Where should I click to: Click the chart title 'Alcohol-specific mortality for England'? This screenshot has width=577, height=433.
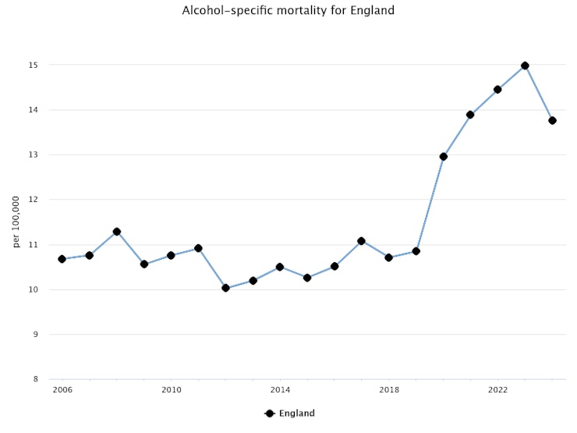288,11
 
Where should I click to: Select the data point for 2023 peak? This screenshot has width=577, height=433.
525,66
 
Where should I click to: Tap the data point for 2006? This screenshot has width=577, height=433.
62,259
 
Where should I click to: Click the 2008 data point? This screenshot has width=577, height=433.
117,232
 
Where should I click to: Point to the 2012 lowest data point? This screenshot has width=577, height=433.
226,288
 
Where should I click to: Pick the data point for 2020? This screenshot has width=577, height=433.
444,157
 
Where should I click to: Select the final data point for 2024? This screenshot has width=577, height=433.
552,120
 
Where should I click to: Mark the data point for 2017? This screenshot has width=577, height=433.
362,241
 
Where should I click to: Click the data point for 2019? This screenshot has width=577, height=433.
416,251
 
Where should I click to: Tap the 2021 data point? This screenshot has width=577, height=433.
470,115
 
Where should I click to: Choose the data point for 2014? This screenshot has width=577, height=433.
280,267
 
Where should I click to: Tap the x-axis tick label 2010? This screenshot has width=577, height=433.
172,389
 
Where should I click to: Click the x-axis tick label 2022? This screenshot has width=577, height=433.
497,389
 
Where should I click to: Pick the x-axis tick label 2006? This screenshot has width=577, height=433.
62,389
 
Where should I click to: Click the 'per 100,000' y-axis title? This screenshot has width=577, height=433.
16,222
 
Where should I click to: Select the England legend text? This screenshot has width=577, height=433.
297,413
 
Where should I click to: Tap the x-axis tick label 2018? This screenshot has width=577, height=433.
389,389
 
